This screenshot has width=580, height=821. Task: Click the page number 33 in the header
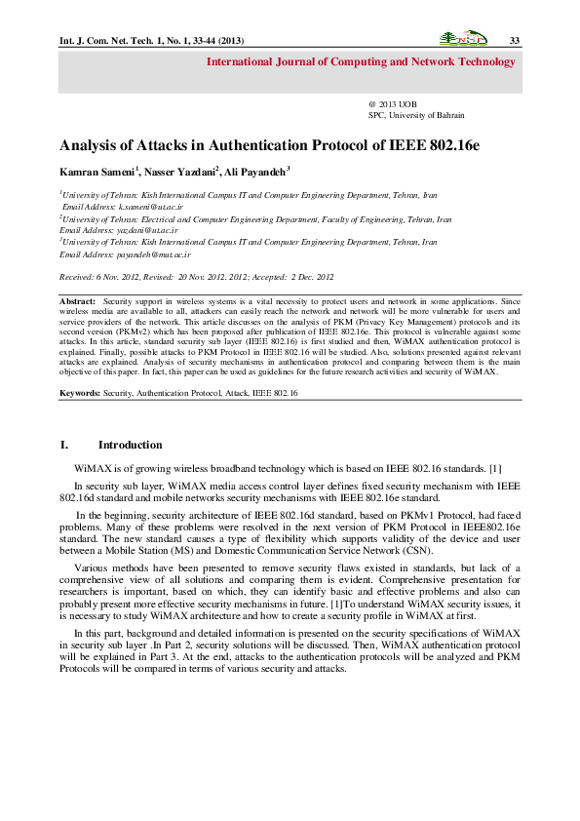[514, 40]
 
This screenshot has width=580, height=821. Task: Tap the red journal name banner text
[361, 62]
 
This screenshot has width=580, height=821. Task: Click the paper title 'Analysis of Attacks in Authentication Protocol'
[270, 145]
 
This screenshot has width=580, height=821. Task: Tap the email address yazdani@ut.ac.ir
[144, 230]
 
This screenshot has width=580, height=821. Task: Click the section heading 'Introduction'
[130, 446]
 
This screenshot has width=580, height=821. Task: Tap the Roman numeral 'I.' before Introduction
[64, 446]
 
